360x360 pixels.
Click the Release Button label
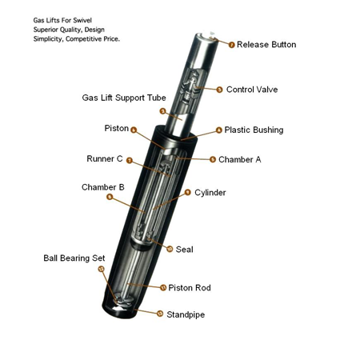pos(266,45)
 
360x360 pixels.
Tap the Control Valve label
pos(252,90)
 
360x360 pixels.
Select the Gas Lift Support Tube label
pos(124,98)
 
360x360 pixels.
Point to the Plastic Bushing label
pos(254,130)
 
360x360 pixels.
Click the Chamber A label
pos(240,159)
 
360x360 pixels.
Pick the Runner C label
pos(105,158)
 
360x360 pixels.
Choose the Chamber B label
pos(103,187)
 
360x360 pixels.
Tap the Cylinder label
pos(210,193)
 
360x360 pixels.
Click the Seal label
pos(185,250)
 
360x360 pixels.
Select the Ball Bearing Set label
pos(74,258)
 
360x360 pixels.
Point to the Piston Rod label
pos(190,288)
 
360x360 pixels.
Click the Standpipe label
pos(186,314)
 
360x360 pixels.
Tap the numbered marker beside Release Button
pos(232,45)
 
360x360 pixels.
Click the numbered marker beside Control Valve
pos(219,90)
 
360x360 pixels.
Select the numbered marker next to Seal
pos(170,249)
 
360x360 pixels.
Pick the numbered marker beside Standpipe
pos(160,314)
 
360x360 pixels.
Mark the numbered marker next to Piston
pos(134,130)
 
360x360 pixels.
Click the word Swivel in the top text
pos(83,20)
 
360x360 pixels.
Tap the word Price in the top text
pos(111,39)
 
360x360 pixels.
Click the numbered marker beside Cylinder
pos(188,192)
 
